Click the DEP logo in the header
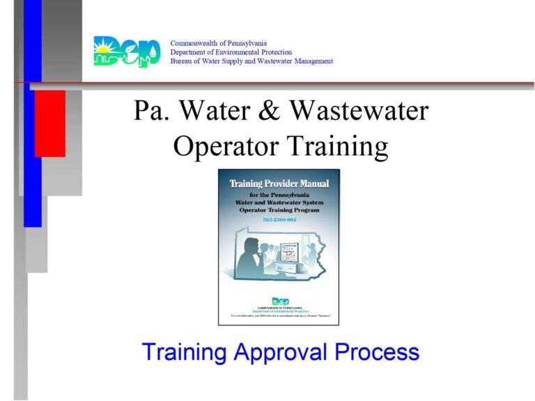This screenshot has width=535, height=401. click(x=126, y=52)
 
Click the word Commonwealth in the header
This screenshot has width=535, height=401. click(x=198, y=43)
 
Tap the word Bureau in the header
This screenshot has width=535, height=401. click(x=183, y=61)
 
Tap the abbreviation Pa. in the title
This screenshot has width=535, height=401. click(x=150, y=111)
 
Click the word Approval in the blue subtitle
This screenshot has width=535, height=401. click(x=280, y=352)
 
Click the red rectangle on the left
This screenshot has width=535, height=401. click(x=49, y=123)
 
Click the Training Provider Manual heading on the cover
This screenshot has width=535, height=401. click(x=279, y=184)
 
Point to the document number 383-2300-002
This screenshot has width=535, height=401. click(x=279, y=220)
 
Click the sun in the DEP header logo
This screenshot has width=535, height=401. click(x=105, y=49)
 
